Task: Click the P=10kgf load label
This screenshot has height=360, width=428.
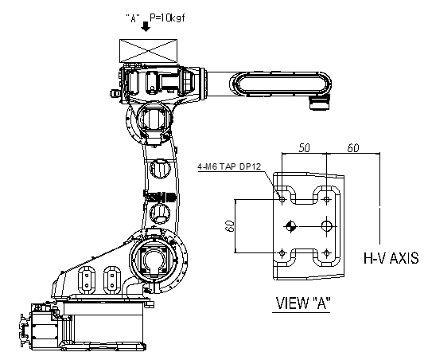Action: click(x=167, y=18)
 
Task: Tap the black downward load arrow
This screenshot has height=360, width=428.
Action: click(x=146, y=27)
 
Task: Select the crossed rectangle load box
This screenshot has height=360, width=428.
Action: click(x=148, y=51)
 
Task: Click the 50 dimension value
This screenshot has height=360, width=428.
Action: click(x=305, y=148)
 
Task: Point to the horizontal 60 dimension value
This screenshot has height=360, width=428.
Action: click(x=353, y=148)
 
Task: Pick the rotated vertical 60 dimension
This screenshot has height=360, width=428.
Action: click(x=230, y=226)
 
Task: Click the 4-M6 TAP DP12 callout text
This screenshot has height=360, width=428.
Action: click(x=229, y=166)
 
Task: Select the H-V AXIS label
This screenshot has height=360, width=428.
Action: click(x=391, y=258)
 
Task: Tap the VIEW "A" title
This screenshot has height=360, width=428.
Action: click(x=303, y=303)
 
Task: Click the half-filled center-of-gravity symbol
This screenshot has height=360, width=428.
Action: click(x=290, y=226)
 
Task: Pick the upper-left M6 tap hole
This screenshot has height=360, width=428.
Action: click(x=282, y=199)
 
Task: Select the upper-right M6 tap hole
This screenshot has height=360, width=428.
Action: click(x=326, y=199)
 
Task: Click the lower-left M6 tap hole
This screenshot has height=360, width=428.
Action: click(x=282, y=252)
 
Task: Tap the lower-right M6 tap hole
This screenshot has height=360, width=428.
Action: click(x=326, y=252)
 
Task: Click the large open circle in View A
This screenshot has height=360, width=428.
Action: click(x=327, y=226)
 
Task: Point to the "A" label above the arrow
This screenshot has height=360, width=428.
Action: click(x=133, y=18)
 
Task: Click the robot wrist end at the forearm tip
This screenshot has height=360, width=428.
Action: click(x=319, y=102)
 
